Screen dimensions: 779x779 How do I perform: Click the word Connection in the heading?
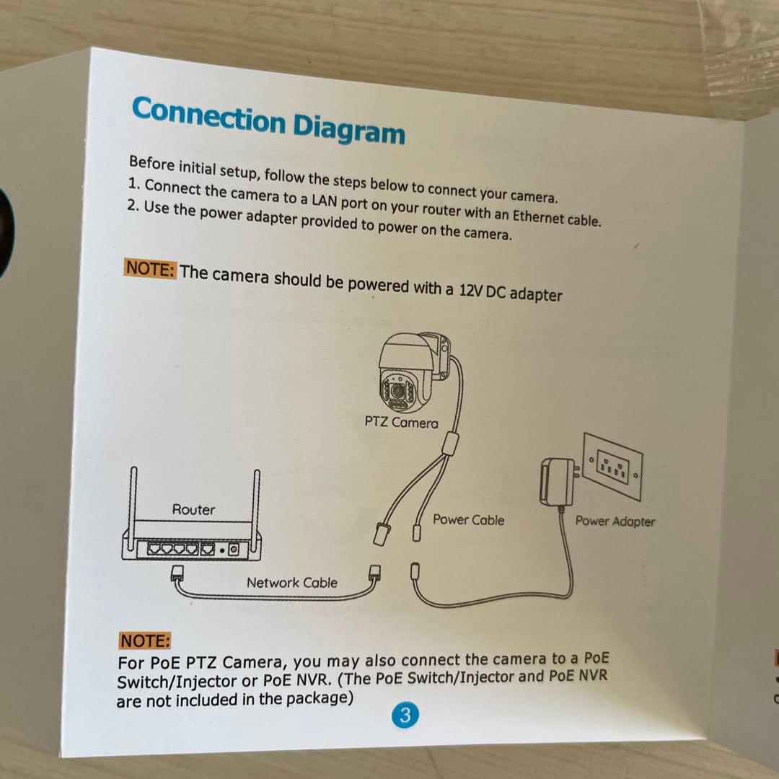click(x=208, y=116)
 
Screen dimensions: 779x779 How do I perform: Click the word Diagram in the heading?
click(x=349, y=129)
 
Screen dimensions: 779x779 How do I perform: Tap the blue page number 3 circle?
click(x=405, y=715)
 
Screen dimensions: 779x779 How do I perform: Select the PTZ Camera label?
click(x=401, y=422)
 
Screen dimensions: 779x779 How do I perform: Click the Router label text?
click(x=193, y=509)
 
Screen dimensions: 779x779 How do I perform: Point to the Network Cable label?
click(x=291, y=582)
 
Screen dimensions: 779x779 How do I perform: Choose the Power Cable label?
click(x=468, y=519)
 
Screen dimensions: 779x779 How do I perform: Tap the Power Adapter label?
click(x=615, y=521)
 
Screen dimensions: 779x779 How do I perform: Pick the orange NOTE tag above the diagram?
click(x=149, y=268)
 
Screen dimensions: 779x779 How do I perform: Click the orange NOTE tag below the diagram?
click(x=144, y=641)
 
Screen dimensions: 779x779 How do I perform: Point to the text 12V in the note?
click(x=471, y=290)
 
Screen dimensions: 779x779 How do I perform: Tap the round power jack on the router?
click(x=233, y=550)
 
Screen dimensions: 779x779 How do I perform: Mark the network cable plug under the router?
click(x=177, y=573)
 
